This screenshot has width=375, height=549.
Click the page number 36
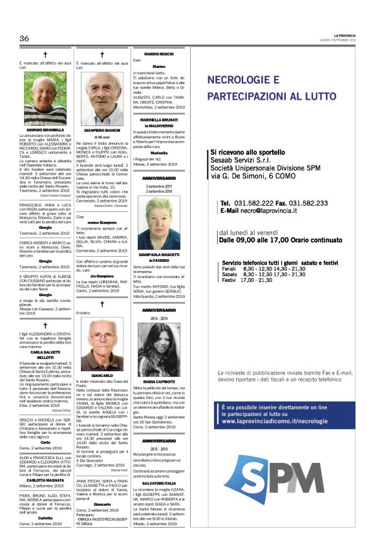[x=25, y=39]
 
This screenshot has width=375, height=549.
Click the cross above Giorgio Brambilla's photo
[x=46, y=55]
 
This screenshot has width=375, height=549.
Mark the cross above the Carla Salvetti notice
[x=46, y=325]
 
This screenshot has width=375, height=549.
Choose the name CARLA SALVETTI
[x=46, y=352]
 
